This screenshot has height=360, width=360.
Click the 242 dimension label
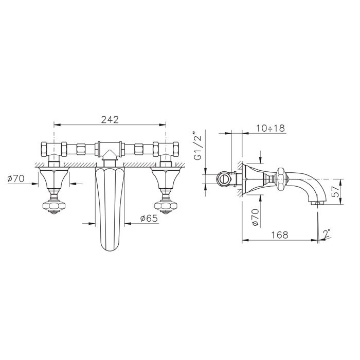tap(110, 120)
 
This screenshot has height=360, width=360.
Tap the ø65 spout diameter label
tap(149, 219)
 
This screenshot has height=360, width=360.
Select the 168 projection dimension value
tap(280, 235)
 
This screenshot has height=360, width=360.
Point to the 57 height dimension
tap(336, 191)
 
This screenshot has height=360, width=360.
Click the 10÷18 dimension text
tap(271, 128)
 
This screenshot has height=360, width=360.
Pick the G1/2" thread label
tap(197, 146)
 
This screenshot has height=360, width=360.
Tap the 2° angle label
tap(327, 233)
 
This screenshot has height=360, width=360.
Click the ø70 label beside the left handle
tap(16, 178)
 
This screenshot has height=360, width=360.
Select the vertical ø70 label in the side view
tap(256, 217)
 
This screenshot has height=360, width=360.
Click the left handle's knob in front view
tap(54, 206)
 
